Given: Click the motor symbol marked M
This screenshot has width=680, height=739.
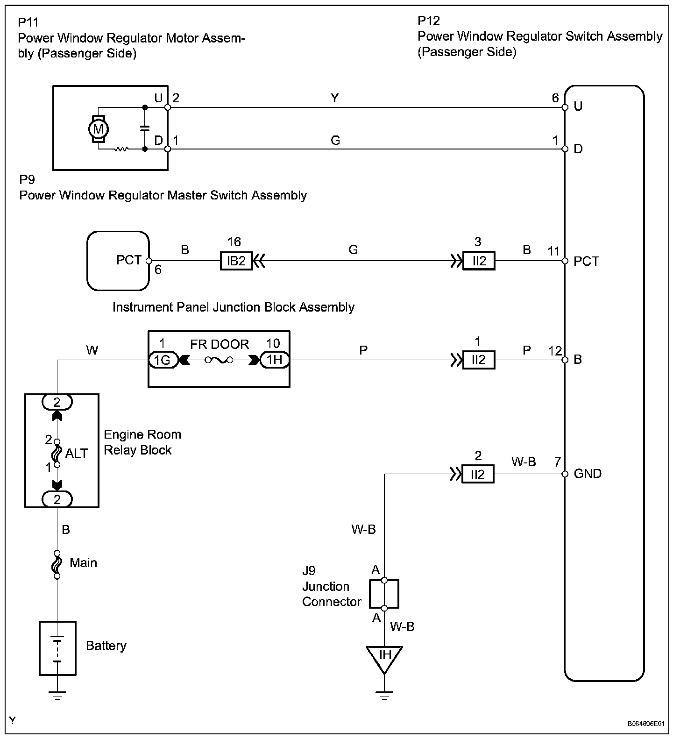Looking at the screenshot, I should click(x=99, y=128).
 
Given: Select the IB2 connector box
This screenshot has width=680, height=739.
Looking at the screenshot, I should click(x=236, y=261).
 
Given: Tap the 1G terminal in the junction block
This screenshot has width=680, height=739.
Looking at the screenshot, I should click(x=163, y=360).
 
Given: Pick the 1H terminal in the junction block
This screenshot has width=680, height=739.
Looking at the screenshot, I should click(x=275, y=360).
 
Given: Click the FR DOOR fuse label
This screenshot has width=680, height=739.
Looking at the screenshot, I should click(x=220, y=345).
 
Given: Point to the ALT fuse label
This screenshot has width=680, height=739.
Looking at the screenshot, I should click(x=77, y=453).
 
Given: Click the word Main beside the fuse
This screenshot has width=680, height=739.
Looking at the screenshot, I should click(x=83, y=562).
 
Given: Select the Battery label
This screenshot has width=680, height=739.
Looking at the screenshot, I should click(x=106, y=646).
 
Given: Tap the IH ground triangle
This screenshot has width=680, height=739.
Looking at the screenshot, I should click(x=384, y=658).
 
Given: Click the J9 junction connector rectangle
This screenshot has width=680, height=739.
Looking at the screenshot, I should click(x=384, y=594).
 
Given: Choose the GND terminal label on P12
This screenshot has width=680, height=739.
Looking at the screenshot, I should click(x=588, y=474).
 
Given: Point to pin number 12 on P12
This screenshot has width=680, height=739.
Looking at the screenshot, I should click(x=555, y=350).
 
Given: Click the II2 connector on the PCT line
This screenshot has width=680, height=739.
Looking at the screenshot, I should click(x=479, y=261).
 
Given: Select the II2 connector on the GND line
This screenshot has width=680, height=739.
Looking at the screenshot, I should click(x=478, y=474).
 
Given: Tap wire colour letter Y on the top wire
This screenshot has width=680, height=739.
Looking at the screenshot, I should click(x=334, y=98).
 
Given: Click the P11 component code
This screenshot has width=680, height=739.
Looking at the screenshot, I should click(x=28, y=22).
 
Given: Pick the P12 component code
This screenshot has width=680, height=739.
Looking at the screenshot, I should click(x=428, y=21).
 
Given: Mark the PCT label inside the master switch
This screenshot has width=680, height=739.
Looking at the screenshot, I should click(x=128, y=260).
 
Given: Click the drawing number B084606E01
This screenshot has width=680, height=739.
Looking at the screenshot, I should click(x=645, y=724).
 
